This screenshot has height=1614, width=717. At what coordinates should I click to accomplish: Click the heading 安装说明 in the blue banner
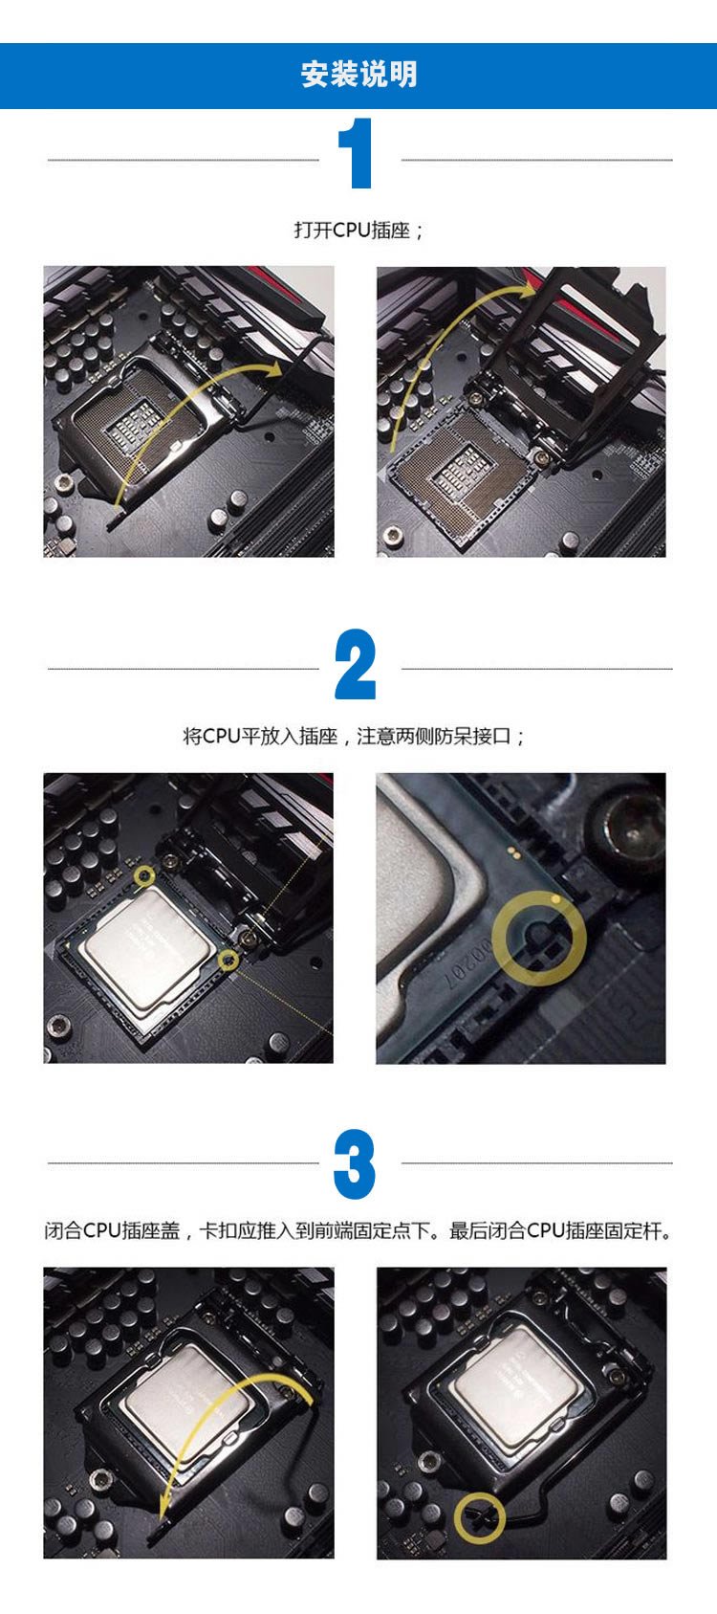click(x=358, y=75)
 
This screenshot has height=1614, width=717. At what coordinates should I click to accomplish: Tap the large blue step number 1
click(x=356, y=153)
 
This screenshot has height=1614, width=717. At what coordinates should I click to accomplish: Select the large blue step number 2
click(x=356, y=664)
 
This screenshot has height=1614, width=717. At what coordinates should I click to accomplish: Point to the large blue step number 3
click(x=355, y=1163)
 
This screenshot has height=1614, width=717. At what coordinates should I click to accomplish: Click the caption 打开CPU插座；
click(x=358, y=231)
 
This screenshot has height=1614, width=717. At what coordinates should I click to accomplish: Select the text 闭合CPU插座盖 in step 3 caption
click(x=112, y=1230)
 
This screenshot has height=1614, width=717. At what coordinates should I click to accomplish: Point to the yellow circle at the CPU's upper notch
click(x=144, y=875)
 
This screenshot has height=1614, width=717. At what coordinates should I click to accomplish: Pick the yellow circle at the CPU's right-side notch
click(x=228, y=960)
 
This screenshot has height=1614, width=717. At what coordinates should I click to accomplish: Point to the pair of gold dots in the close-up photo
click(x=513, y=852)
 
